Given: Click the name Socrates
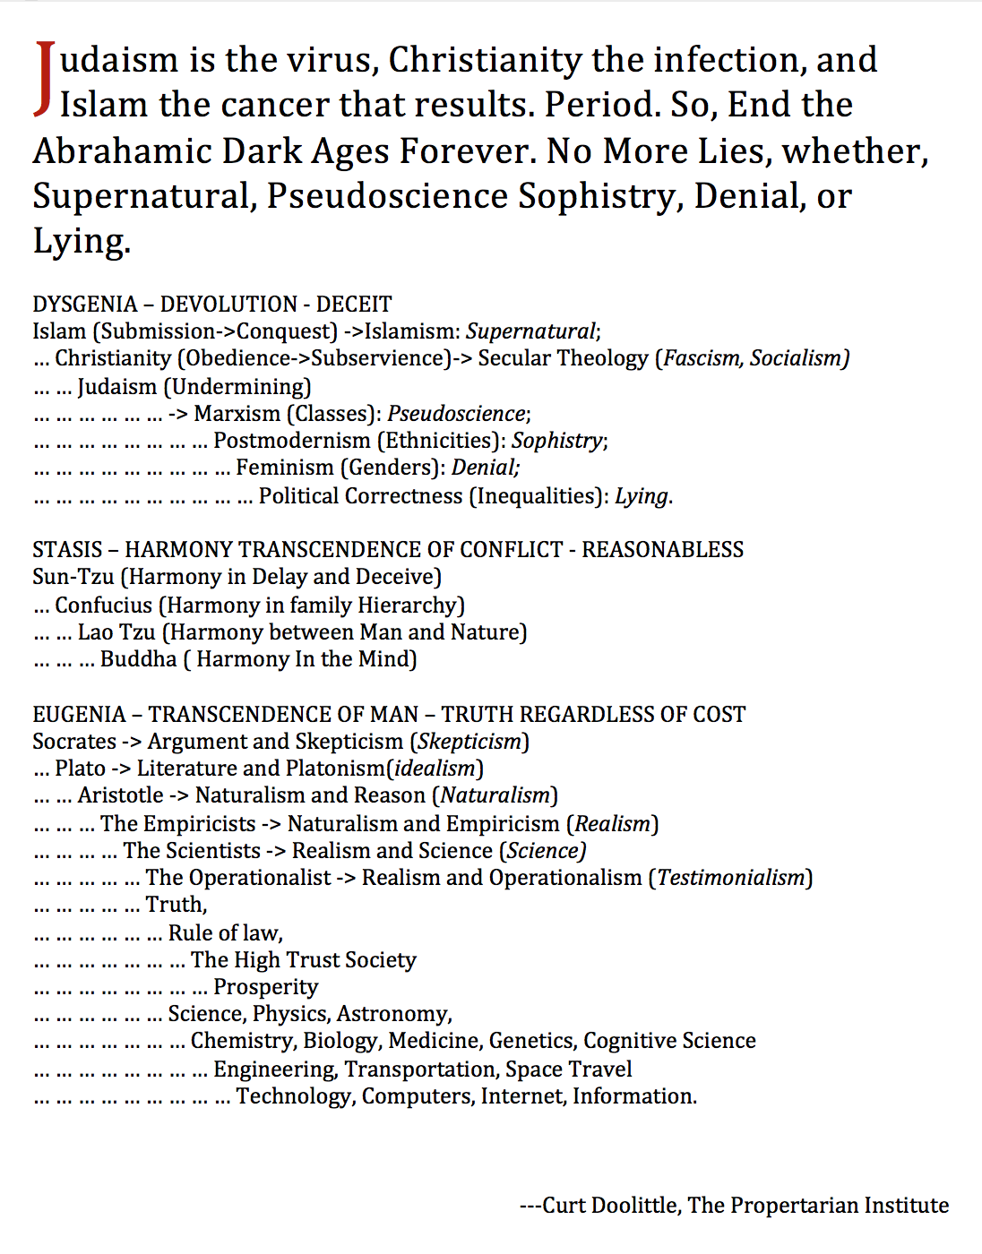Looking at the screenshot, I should coord(74,742).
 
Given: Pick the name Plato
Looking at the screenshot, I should coord(80,769).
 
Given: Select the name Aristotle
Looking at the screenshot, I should coord(120,795).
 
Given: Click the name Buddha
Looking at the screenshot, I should coord(139,659).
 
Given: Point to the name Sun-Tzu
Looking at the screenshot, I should coord(73,577).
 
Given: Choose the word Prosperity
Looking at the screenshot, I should coord(265,987).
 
